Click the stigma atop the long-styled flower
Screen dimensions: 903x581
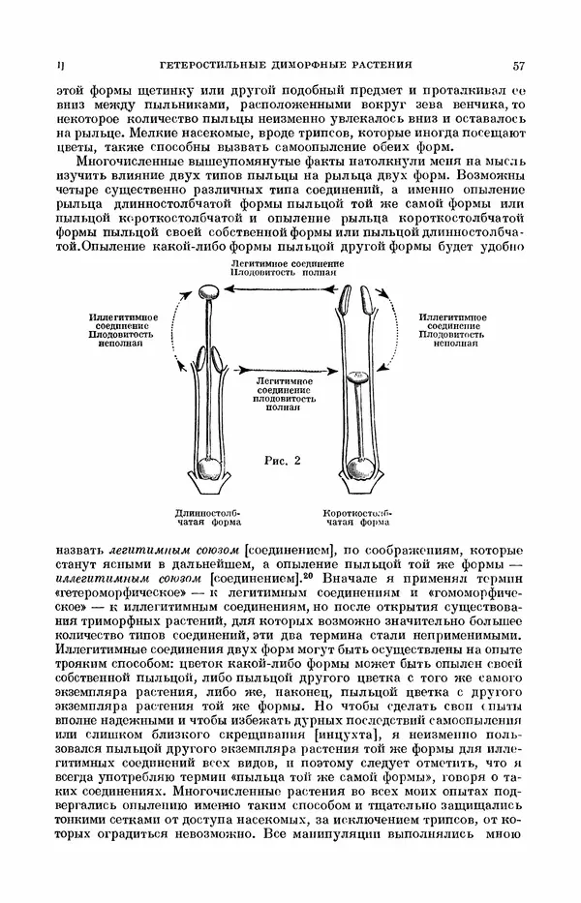pos(209,291)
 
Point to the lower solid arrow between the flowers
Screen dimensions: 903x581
pos(286,369)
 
